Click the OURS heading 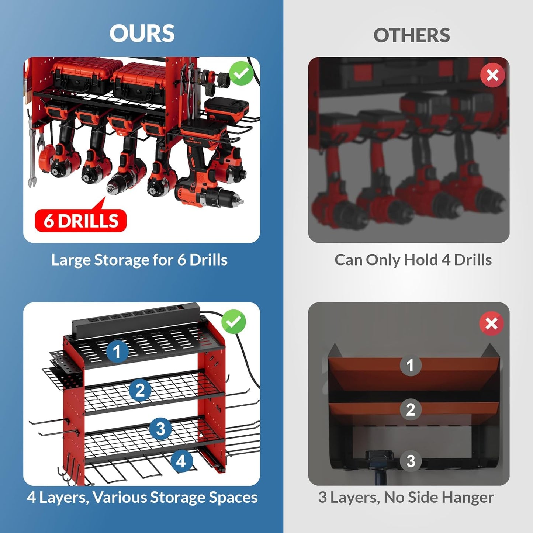tap(142, 34)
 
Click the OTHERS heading tap(411, 35)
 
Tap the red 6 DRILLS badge tap(81, 221)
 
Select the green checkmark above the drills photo tap(241, 73)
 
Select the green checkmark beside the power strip tap(233, 322)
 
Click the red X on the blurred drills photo tap(492, 75)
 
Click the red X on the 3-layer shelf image tap(491, 324)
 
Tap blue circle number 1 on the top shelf tap(117, 351)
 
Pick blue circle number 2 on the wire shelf tap(140, 390)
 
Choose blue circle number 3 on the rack tap(160, 429)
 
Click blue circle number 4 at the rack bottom tap(181, 461)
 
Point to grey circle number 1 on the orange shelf tap(410, 366)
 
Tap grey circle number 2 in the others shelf tap(410, 409)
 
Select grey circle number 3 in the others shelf tap(411, 461)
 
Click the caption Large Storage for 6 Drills tap(139, 260)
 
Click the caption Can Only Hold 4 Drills tap(413, 260)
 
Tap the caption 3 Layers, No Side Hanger tap(406, 497)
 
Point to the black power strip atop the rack tap(136, 317)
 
